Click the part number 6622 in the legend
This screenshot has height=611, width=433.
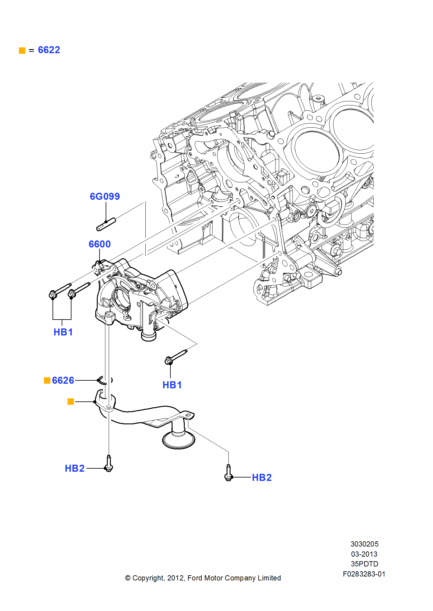(x=49, y=50)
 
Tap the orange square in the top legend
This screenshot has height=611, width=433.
(x=22, y=50)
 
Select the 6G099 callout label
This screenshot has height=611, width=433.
(x=105, y=196)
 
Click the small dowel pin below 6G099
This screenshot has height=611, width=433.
(x=106, y=224)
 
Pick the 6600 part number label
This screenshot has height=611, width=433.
(x=100, y=244)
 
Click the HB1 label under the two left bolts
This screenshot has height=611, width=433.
(x=63, y=332)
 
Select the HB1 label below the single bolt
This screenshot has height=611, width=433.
(x=172, y=385)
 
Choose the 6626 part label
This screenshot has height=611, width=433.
(x=63, y=380)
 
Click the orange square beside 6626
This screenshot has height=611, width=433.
(x=47, y=380)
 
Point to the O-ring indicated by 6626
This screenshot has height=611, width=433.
(x=105, y=380)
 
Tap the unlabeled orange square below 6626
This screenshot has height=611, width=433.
(x=71, y=401)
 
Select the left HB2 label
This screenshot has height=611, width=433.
(x=75, y=468)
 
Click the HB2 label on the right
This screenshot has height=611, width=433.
(x=262, y=477)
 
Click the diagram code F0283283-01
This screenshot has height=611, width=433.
(x=364, y=574)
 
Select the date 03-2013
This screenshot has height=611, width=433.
(x=364, y=554)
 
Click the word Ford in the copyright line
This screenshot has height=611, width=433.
(x=195, y=578)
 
